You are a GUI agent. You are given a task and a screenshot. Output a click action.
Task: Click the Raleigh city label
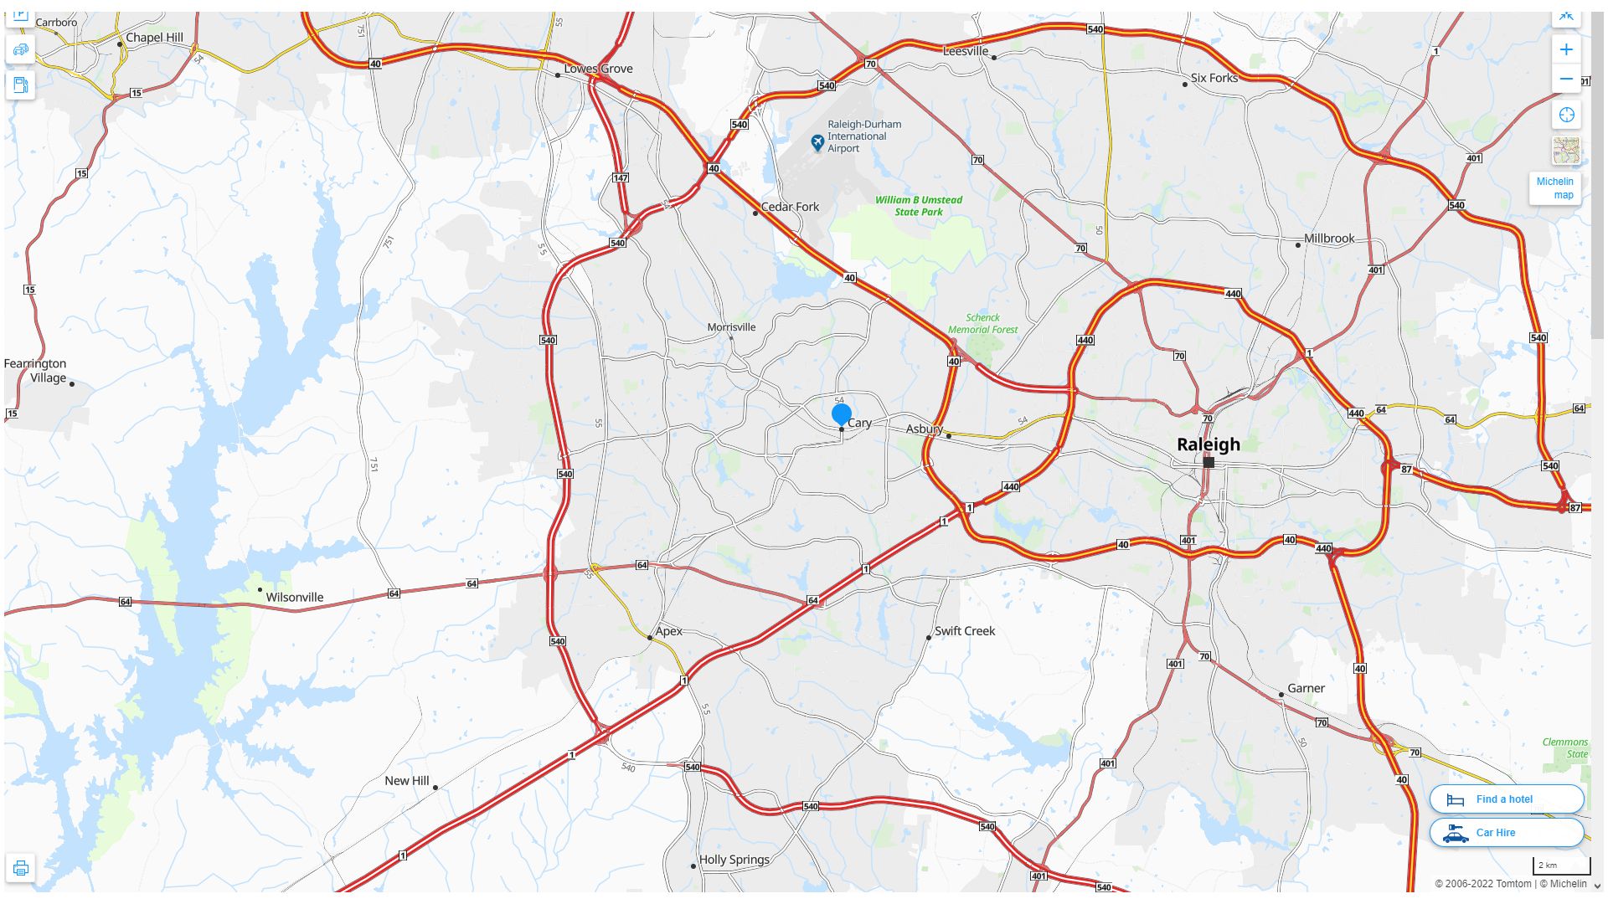click(1208, 444)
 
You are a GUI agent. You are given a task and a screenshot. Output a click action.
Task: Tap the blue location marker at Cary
click(842, 413)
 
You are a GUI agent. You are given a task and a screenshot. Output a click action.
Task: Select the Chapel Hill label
click(154, 38)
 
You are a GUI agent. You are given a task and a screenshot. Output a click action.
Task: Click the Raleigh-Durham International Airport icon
click(817, 143)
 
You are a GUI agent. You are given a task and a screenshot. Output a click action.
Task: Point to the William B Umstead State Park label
click(919, 206)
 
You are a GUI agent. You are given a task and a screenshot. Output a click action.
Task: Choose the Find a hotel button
click(1506, 799)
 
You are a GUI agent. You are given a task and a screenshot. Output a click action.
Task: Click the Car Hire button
click(1506, 833)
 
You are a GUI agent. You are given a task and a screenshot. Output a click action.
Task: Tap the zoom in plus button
click(1566, 49)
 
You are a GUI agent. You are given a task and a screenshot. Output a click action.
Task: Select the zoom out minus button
click(1566, 80)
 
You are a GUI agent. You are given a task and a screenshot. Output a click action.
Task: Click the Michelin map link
click(1555, 188)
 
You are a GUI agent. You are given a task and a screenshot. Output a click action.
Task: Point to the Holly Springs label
click(734, 860)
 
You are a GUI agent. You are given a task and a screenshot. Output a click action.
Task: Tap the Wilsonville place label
click(294, 598)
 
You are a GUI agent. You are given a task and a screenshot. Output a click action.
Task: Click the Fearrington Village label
click(35, 371)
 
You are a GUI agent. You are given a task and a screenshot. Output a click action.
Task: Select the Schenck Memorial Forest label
click(982, 324)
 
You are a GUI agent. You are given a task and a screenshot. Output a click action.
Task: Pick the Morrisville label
click(731, 327)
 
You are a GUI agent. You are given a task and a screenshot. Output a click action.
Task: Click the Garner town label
click(1306, 689)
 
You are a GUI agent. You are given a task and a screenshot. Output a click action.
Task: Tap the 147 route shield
click(620, 177)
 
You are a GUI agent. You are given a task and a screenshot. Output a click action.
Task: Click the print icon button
click(21, 868)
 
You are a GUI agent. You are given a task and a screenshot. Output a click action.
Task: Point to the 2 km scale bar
click(1560, 865)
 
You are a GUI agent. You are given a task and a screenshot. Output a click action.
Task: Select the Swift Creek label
click(965, 631)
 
